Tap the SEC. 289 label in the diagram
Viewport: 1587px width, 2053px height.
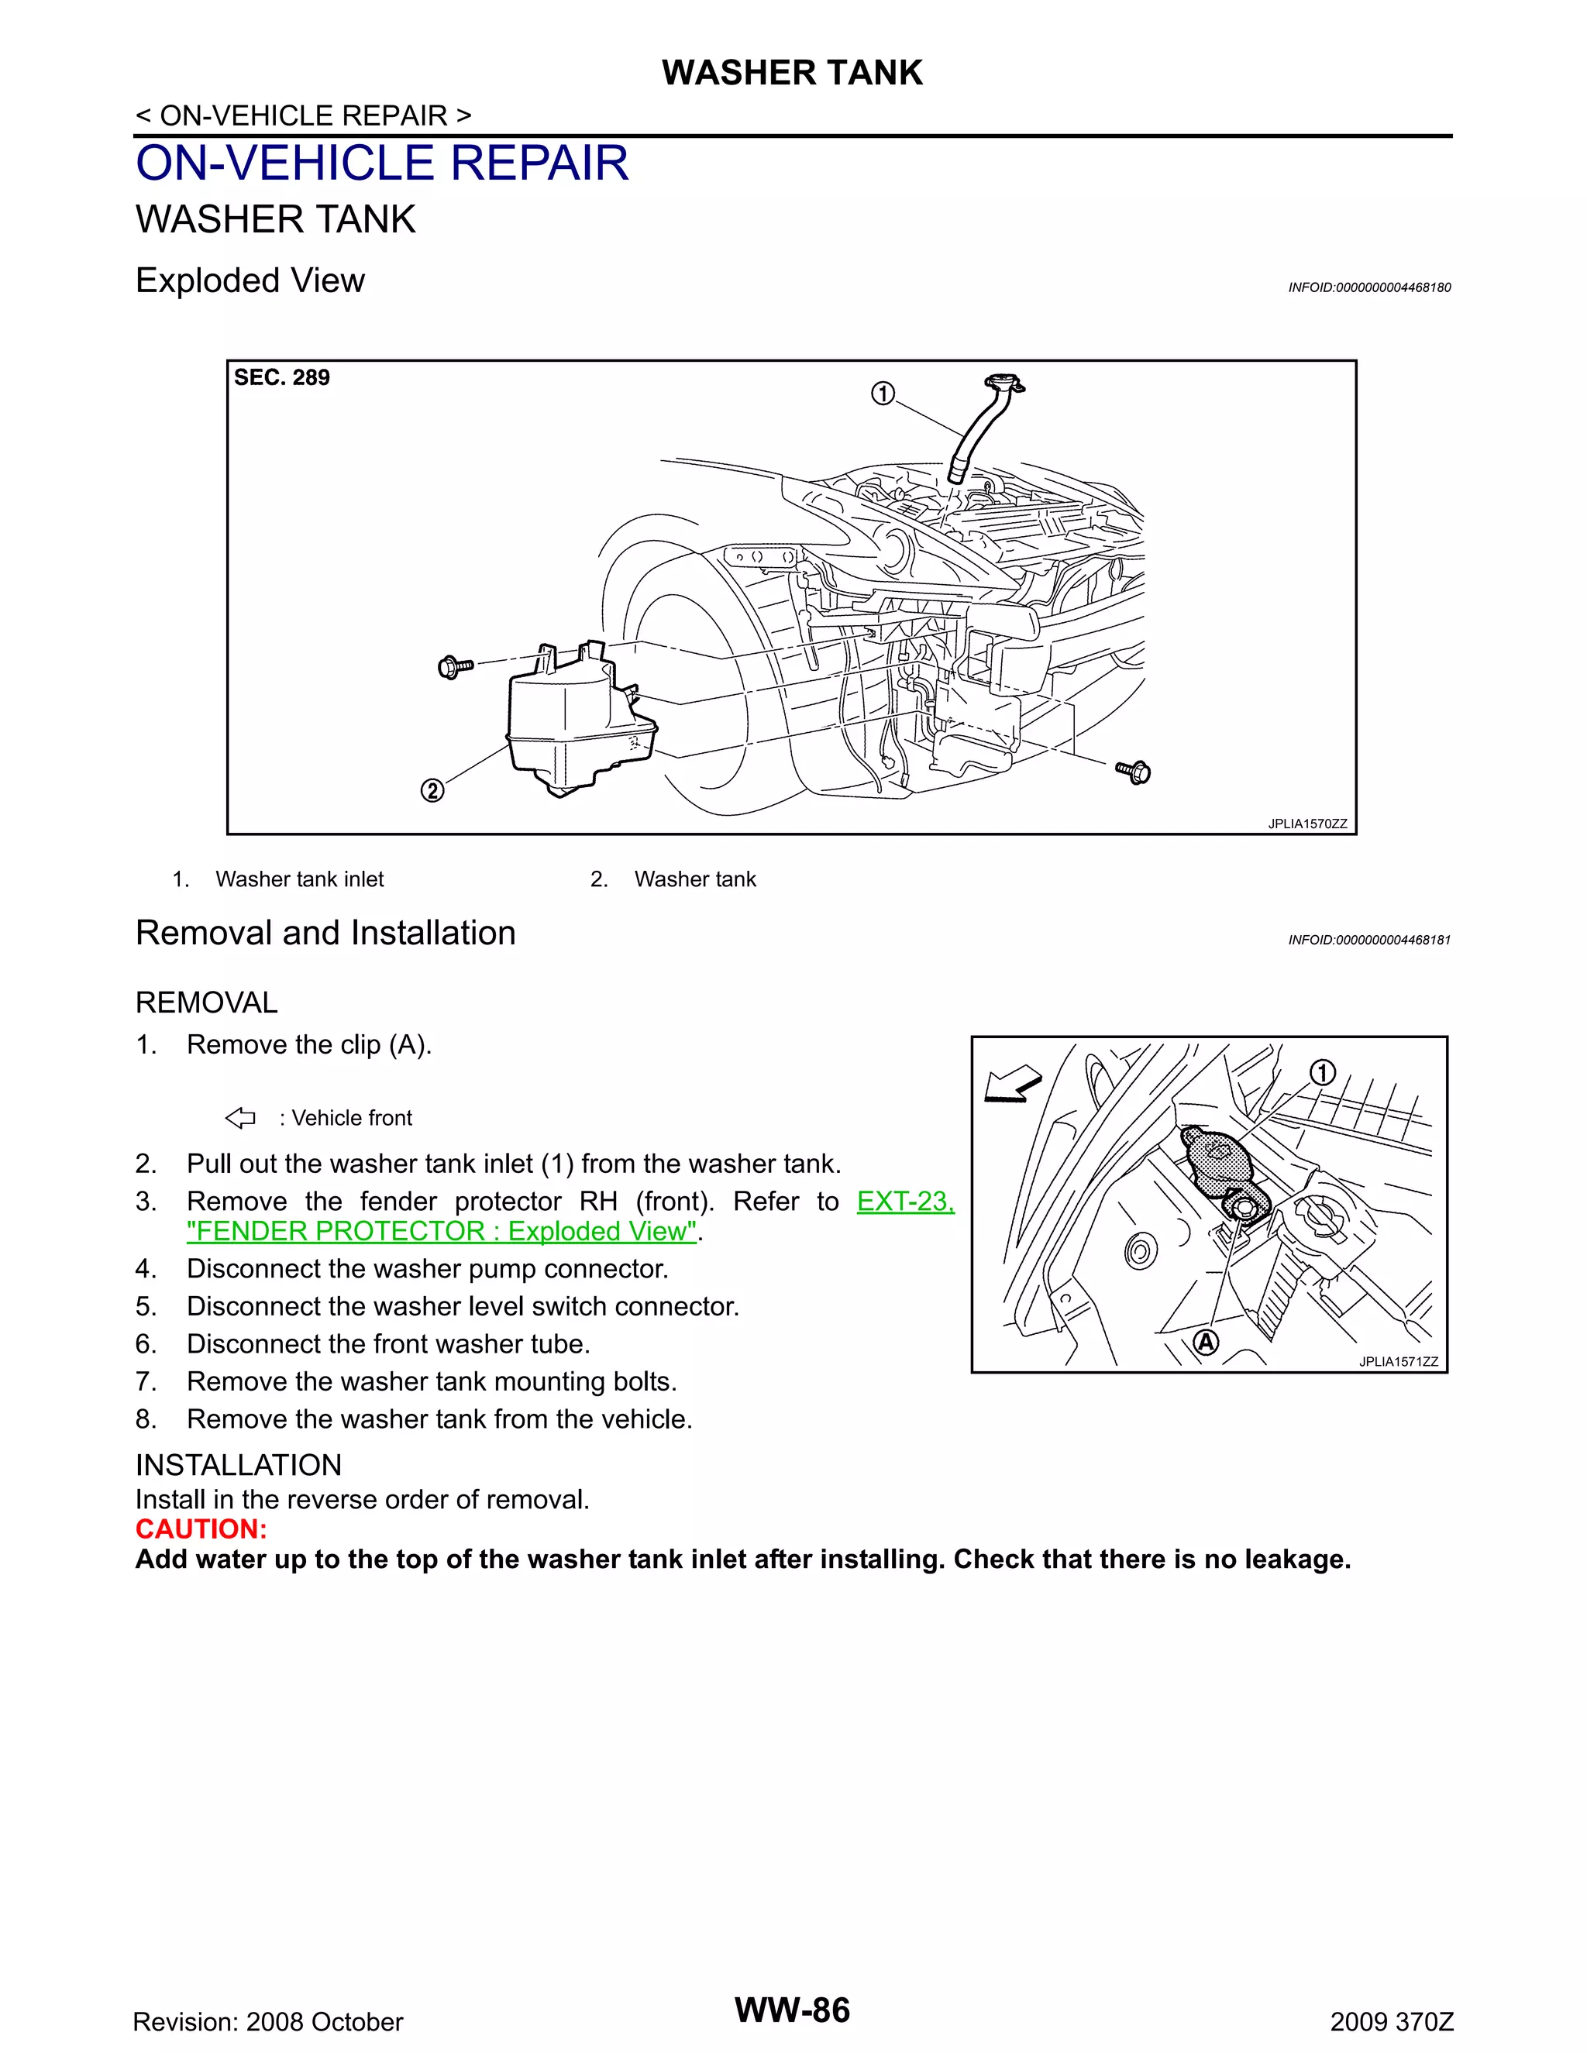(x=281, y=378)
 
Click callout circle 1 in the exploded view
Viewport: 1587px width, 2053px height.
(x=882, y=393)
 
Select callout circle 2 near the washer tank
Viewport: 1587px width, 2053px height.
(x=432, y=789)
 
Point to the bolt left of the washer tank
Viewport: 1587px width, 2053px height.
(x=454, y=667)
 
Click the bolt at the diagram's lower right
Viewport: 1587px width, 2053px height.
(x=1134, y=772)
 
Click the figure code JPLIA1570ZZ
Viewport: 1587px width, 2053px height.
(x=1306, y=824)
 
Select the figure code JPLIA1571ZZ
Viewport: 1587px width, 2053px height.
(x=1398, y=1362)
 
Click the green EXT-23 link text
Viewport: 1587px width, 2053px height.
(x=904, y=1202)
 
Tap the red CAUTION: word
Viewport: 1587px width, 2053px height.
(x=201, y=1529)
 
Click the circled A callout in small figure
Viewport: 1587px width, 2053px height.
(x=1205, y=1343)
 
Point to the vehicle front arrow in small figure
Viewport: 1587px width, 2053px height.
(x=1011, y=1084)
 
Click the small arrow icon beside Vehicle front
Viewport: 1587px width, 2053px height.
(x=241, y=1118)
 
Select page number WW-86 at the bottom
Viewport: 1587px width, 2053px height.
(x=792, y=2010)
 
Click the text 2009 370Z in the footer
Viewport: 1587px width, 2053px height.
(x=1392, y=2022)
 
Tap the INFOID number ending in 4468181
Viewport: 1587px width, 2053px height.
(x=1369, y=940)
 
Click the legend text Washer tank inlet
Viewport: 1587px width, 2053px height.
(x=299, y=879)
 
